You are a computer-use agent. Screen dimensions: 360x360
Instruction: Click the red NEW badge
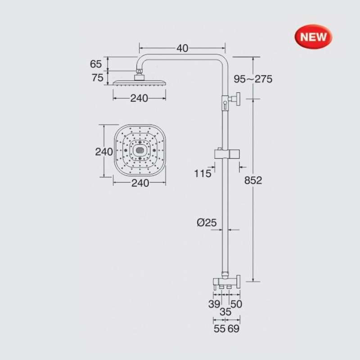[314, 36]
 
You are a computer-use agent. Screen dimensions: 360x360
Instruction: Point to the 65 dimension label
[96, 64]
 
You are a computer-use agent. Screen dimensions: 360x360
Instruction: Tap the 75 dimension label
[98, 78]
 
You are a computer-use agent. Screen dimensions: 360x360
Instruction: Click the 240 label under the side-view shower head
[139, 99]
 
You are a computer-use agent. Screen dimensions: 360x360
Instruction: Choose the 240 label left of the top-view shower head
[104, 152]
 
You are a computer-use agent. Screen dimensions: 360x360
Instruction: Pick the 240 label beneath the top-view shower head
[139, 183]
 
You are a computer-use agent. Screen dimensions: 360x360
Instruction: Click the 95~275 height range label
[253, 79]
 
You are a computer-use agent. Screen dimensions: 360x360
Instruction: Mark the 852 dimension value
[253, 180]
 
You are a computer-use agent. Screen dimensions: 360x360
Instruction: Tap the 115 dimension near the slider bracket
[202, 173]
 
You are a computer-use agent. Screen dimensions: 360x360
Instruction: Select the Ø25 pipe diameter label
[207, 222]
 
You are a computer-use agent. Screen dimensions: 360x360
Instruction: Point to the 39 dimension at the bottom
[214, 304]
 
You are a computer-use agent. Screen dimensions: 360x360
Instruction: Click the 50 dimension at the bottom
[236, 304]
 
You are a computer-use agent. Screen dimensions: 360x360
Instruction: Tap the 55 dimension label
[220, 329]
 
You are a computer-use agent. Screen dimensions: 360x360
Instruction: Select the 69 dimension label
[234, 329]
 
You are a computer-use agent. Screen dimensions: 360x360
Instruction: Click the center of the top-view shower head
[139, 151]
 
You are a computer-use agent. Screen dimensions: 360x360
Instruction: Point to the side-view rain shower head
[139, 82]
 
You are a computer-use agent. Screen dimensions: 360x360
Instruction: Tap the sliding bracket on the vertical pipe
[226, 153]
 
